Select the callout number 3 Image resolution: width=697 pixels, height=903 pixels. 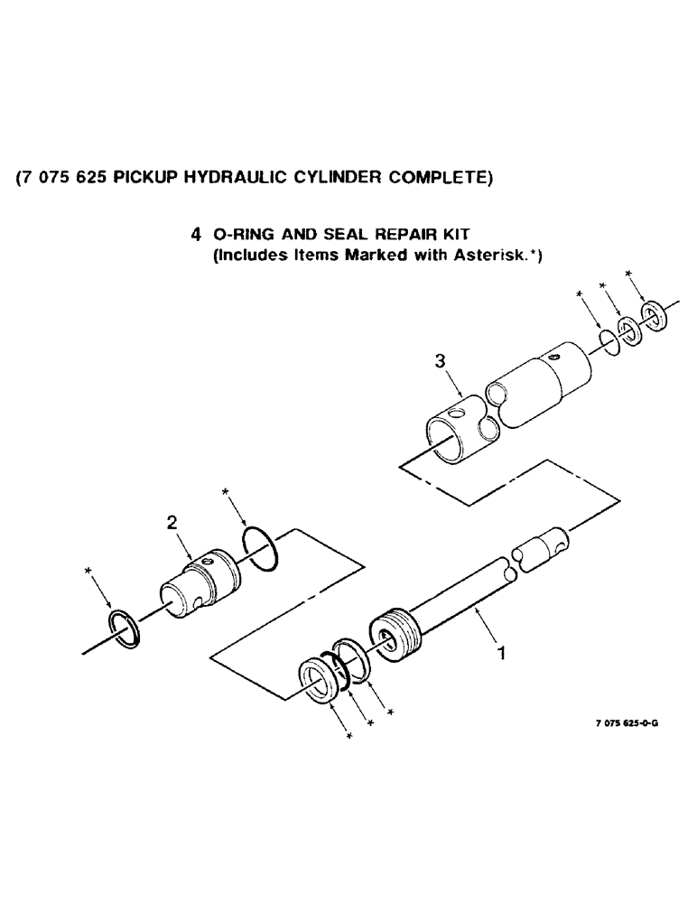pos(440,362)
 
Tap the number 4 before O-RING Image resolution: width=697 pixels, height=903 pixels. pos(196,236)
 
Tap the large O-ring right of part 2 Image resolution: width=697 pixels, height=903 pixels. pos(262,550)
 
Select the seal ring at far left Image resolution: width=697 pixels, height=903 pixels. pos(123,628)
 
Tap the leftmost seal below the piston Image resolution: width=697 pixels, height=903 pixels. pos(318,680)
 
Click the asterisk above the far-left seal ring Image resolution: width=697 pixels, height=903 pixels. pos(88,570)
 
